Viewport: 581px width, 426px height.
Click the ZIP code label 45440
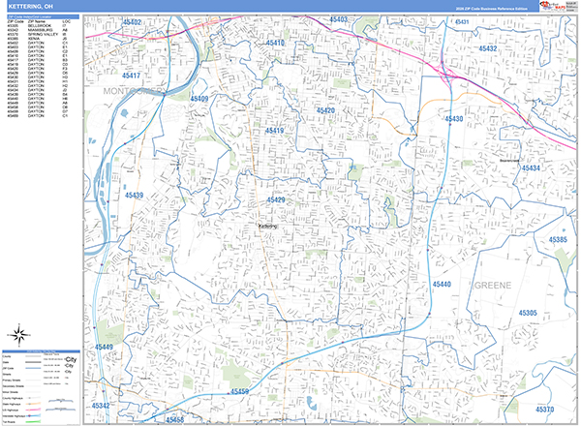(x=442, y=285)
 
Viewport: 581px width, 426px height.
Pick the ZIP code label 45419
(x=275, y=131)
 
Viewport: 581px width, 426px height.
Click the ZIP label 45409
(x=199, y=99)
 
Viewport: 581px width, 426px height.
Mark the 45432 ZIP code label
(x=487, y=48)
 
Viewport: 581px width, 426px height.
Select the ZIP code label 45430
(x=454, y=119)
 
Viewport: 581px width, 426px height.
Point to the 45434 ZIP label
(x=532, y=168)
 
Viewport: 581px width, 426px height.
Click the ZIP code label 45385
(x=558, y=239)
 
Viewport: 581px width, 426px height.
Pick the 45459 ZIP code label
(x=240, y=391)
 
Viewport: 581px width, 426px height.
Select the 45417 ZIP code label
(x=132, y=76)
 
